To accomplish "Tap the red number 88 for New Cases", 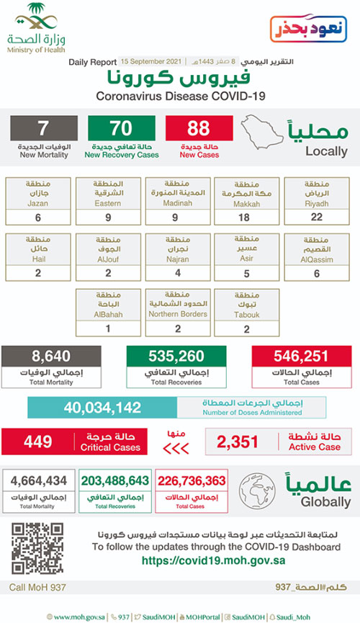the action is tap(199, 130).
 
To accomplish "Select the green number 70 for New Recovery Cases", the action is tap(122, 130).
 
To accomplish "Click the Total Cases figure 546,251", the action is tap(300, 355).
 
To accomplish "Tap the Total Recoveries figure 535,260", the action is tap(173, 355).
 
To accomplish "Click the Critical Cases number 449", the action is tap(41, 441).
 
